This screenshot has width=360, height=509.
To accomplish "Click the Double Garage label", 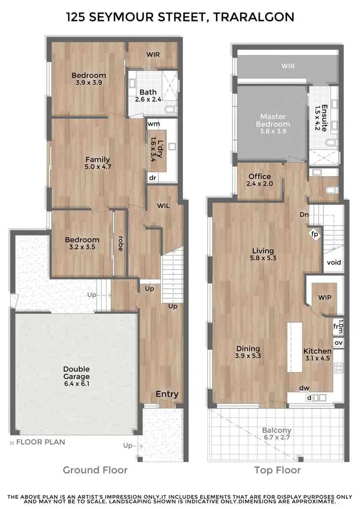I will (x=76, y=373).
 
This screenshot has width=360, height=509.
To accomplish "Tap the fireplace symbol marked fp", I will (x=315, y=234).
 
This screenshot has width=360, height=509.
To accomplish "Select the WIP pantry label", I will (x=324, y=297).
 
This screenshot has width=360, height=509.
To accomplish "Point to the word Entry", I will (x=167, y=394).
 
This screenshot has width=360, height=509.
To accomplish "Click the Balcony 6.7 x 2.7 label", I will (x=276, y=434).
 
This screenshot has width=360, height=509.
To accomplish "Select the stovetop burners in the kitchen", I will (x=338, y=368).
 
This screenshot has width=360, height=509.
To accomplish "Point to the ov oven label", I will (x=338, y=343).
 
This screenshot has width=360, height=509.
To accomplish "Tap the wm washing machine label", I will (x=154, y=124).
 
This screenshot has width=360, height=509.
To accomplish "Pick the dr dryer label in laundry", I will (x=153, y=178).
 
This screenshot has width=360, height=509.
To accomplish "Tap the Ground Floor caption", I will (x=96, y=470).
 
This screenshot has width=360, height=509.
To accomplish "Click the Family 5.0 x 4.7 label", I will (x=98, y=163).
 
